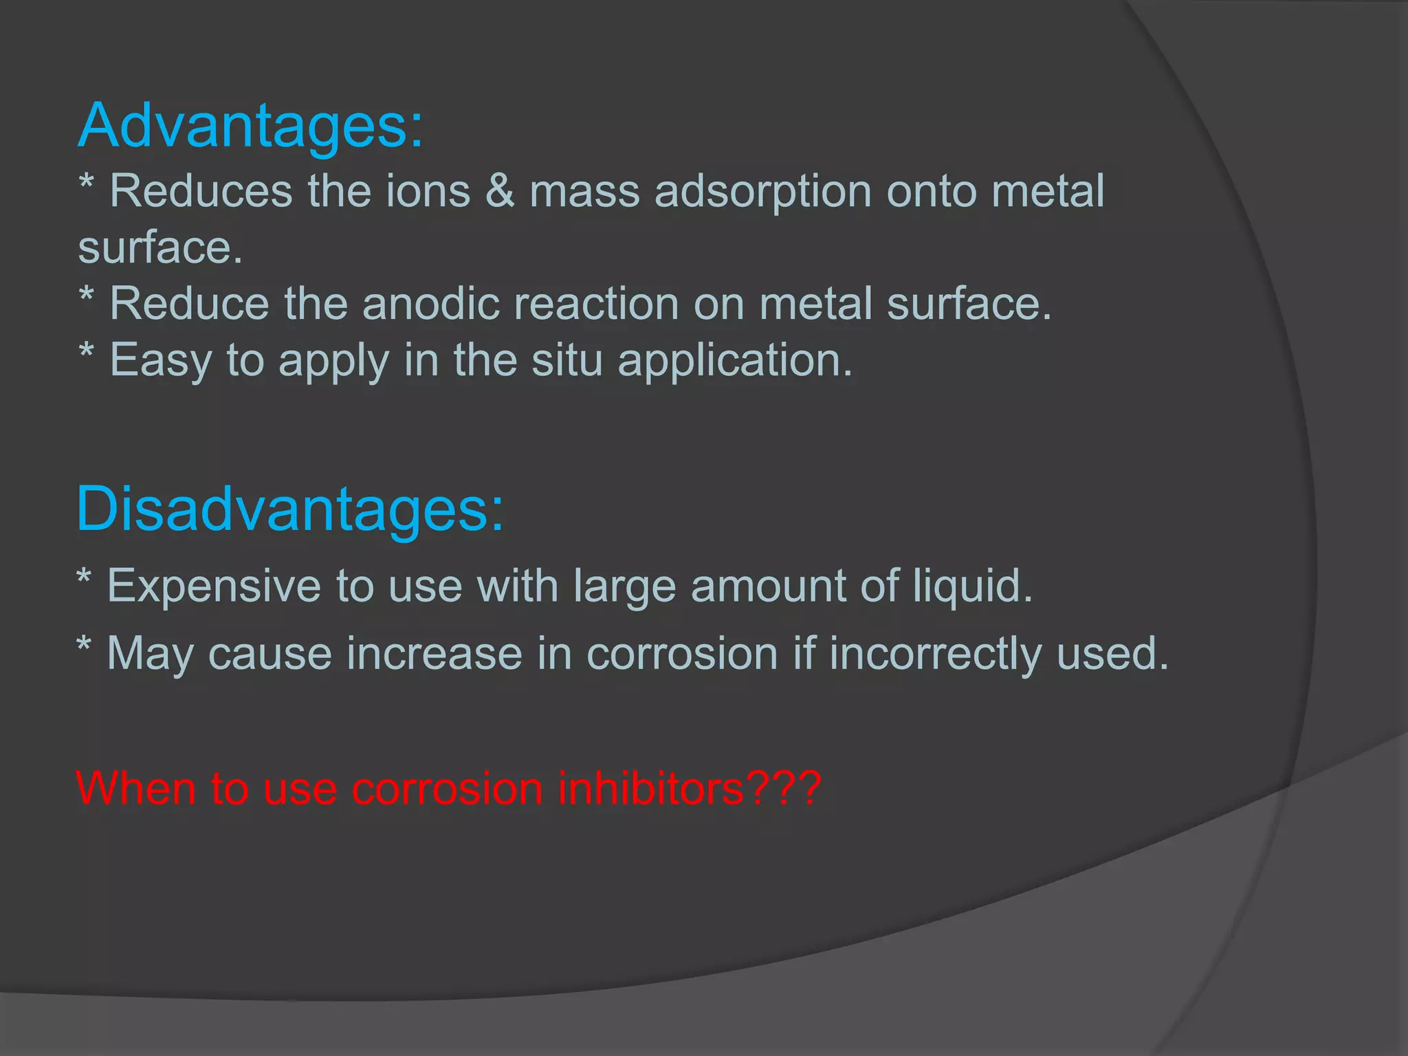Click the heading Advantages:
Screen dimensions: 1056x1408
pyautogui.click(x=250, y=126)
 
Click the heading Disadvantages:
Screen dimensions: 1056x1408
pyautogui.click(x=289, y=509)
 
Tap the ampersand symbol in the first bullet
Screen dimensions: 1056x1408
pyautogui.click(x=500, y=191)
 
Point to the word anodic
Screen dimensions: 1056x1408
pyautogui.click(x=430, y=304)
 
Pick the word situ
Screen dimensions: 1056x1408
pyautogui.click(x=567, y=360)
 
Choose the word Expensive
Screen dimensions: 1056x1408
pyautogui.click(x=214, y=586)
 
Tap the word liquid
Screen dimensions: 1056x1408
pyautogui.click(x=972, y=586)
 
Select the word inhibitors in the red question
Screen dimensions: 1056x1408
pyautogui.click(x=650, y=788)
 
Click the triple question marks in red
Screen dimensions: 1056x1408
pyautogui.click(x=784, y=788)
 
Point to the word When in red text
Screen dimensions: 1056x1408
pyautogui.click(x=135, y=788)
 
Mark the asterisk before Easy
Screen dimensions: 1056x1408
pyautogui.click(x=87, y=352)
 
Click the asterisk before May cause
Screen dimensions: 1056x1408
pyautogui.click(x=84, y=646)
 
